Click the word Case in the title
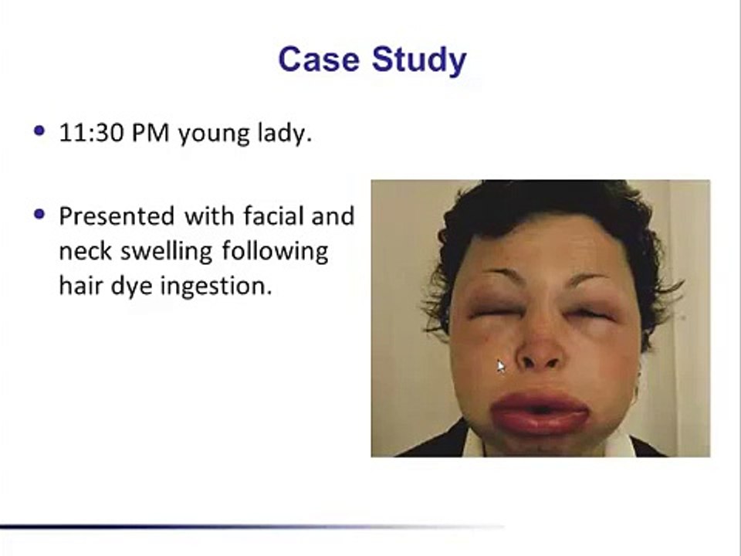316,59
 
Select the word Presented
117,215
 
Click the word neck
83,251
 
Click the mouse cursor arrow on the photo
500,366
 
